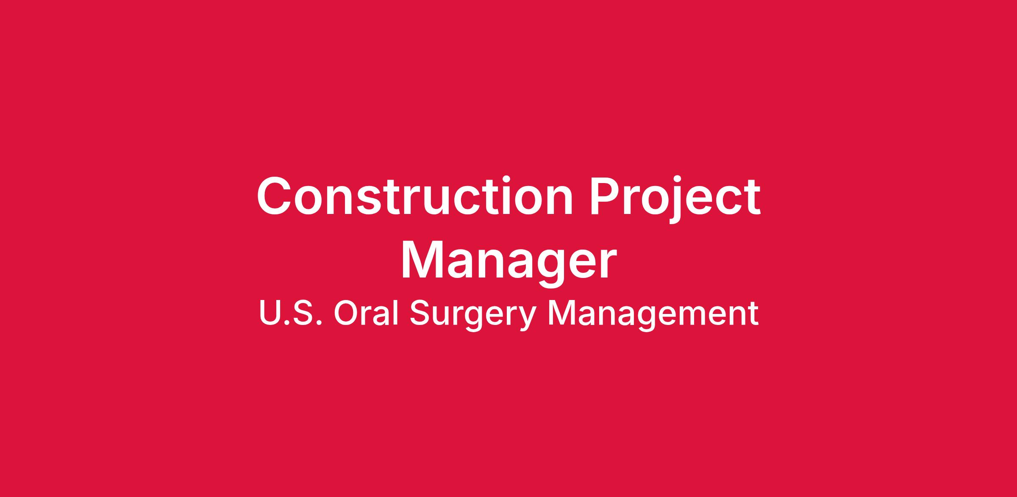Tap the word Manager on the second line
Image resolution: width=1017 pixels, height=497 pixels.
pos(508,262)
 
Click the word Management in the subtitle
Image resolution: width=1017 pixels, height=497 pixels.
pos(653,316)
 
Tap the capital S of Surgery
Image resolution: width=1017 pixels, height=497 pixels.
pos(420,314)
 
